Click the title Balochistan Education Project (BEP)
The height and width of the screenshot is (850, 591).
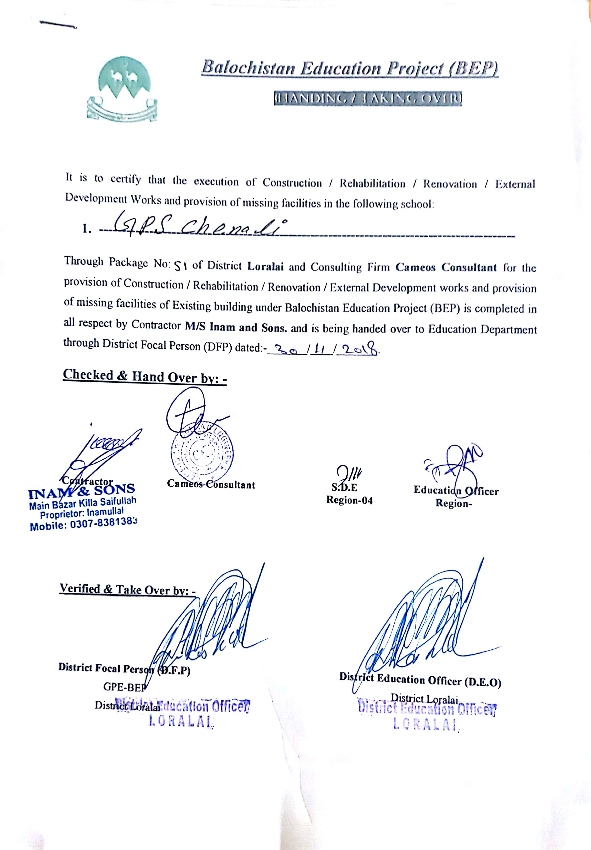click(x=350, y=69)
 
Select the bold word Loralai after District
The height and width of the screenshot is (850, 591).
click(x=266, y=266)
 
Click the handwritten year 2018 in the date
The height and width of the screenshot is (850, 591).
click(x=360, y=350)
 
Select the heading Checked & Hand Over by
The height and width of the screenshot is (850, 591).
click(x=145, y=376)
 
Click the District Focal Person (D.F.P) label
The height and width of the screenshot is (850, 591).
click(x=124, y=669)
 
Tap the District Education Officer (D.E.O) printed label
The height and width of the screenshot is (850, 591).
click(x=420, y=680)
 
